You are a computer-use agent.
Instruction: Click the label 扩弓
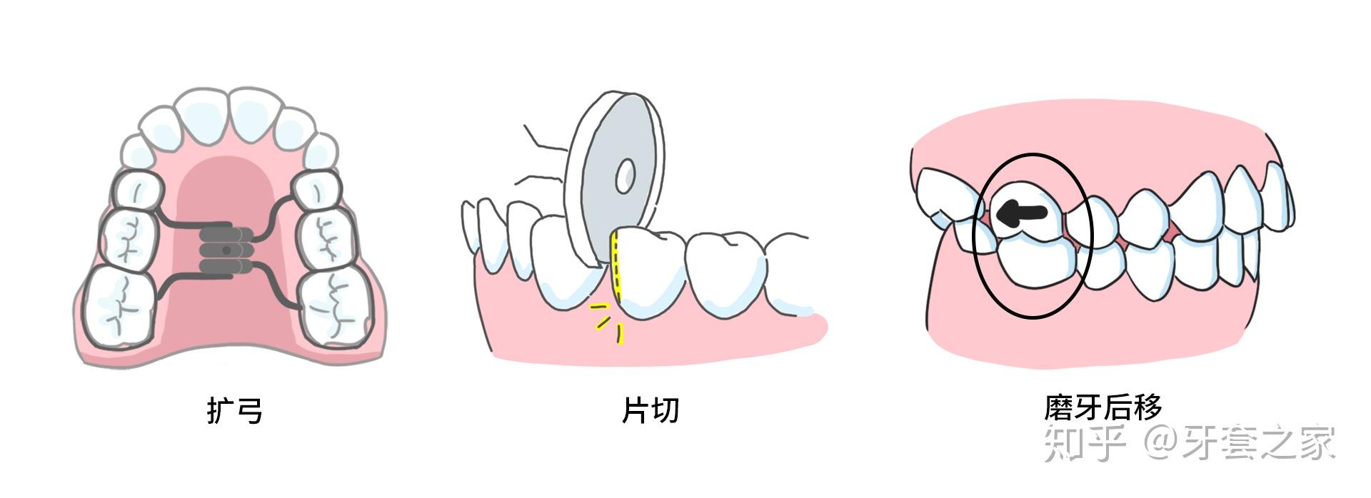[x=234, y=411]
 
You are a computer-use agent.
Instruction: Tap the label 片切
[x=649, y=411]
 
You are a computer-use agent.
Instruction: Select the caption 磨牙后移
[x=1103, y=407]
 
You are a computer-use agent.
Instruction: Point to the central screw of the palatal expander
[x=226, y=250]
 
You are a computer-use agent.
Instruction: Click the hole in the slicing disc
[x=626, y=175]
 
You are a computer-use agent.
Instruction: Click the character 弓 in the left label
[x=248, y=411]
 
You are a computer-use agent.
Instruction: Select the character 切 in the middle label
[x=664, y=411]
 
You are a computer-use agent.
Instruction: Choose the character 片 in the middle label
[x=635, y=411]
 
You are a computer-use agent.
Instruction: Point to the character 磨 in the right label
[x=1058, y=407]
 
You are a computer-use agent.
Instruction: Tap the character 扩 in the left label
[x=220, y=411]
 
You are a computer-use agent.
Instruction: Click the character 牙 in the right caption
[x=1088, y=407]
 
